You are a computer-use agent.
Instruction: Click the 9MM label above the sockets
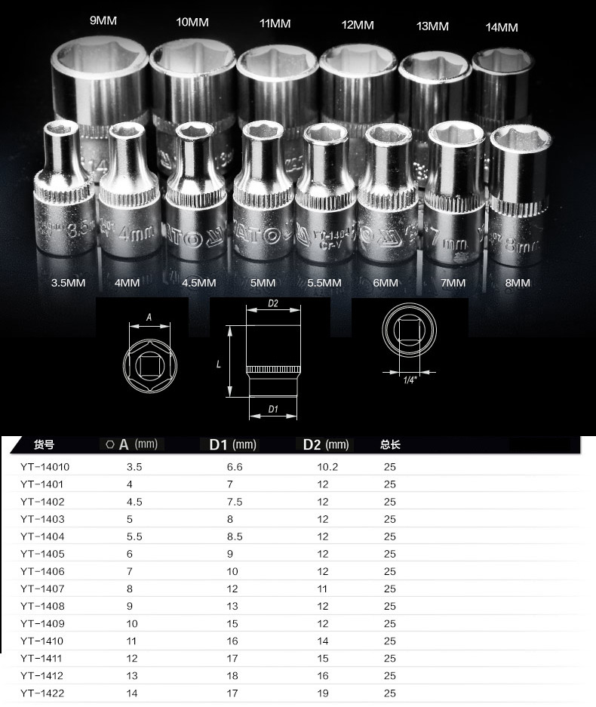[103, 20]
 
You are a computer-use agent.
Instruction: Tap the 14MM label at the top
[502, 27]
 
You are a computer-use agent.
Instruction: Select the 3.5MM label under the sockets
[68, 283]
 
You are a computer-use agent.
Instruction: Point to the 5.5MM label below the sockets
[324, 283]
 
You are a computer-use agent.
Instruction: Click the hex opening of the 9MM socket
[100, 60]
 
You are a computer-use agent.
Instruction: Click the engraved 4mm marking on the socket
[136, 232]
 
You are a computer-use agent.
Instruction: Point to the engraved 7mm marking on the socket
[449, 239]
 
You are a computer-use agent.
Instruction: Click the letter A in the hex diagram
[149, 318]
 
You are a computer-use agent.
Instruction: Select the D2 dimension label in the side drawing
[273, 303]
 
